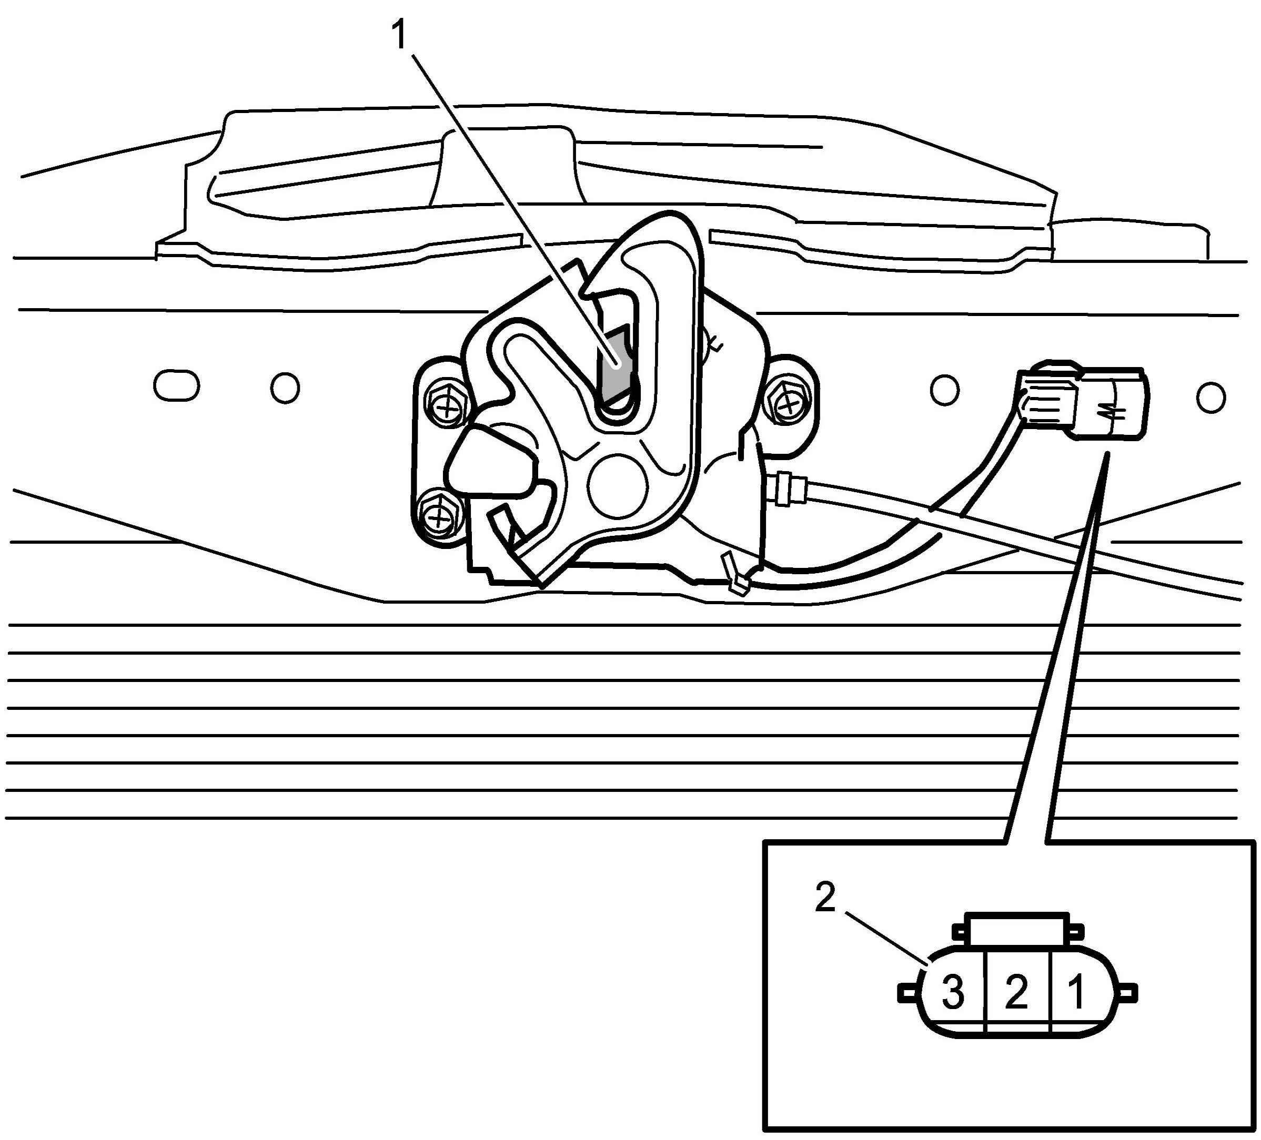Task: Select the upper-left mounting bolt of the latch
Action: [x=447, y=410]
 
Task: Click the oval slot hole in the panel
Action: [x=176, y=386]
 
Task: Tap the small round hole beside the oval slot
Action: [x=285, y=388]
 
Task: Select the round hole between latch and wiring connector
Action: [x=944, y=389]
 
